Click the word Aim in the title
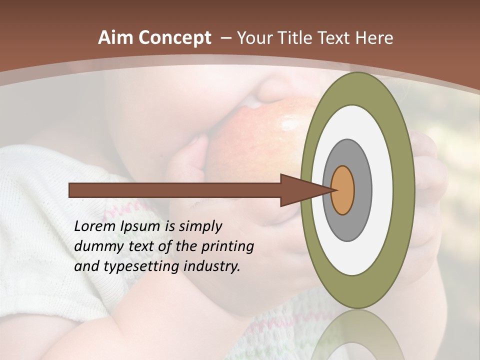[x=116, y=38]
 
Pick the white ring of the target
[x=382, y=190]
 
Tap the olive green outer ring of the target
[x=404, y=190]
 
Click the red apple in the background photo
[x=265, y=130]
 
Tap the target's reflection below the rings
[x=357, y=335]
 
